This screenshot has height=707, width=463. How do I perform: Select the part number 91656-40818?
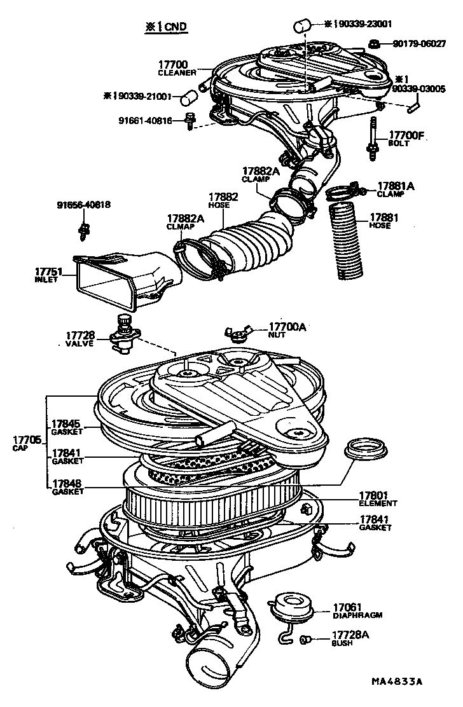click(83, 205)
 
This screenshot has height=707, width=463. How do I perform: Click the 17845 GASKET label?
click(67, 427)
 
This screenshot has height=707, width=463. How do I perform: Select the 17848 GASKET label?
click(67, 487)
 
